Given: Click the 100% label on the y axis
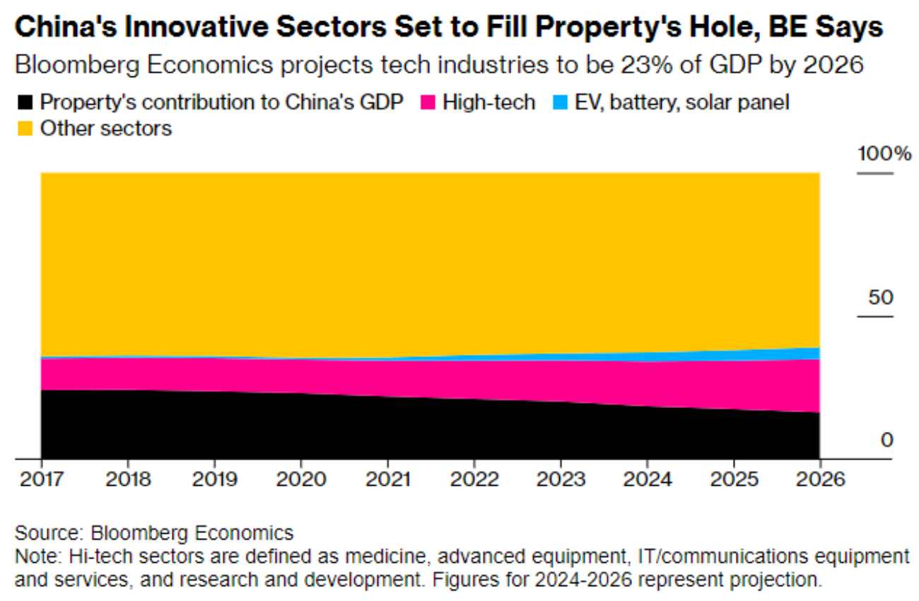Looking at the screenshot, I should click(884, 154).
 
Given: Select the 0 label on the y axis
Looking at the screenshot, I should click(886, 440).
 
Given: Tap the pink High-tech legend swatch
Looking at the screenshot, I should click(426, 103).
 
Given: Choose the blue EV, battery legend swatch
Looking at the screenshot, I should click(560, 103).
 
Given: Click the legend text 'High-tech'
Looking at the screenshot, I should click(488, 103).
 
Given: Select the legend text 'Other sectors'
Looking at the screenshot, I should click(106, 129).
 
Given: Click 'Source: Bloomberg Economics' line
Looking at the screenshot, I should click(153, 532).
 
